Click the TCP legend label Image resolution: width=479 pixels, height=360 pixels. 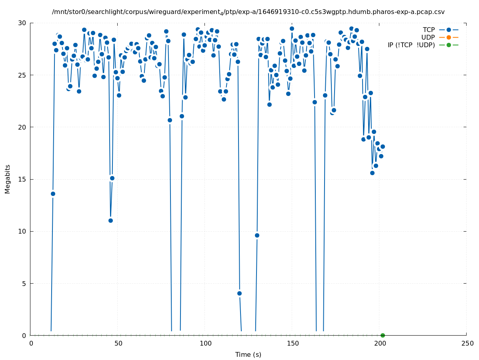pyautogui.click(x=429, y=30)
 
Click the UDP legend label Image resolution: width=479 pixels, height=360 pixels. pyautogui.click(x=428, y=37)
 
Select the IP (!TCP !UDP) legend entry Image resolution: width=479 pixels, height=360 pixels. pyautogui.click(x=411, y=45)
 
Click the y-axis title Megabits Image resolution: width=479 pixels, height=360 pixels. pyautogui.click(x=8, y=179)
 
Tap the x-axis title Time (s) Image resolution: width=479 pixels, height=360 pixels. pyautogui.click(x=248, y=354)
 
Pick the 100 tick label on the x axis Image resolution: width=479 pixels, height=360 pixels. pyautogui.click(x=205, y=344)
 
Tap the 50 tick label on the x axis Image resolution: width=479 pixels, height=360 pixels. pyautogui.click(x=118, y=344)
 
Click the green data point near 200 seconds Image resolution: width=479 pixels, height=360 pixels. pyautogui.click(x=383, y=335)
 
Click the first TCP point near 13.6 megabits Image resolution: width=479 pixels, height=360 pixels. pyautogui.click(x=53, y=194)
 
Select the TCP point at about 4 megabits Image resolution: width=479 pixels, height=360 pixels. pyautogui.click(x=239, y=293)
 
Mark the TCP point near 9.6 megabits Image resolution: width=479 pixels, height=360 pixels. pyautogui.click(x=257, y=235)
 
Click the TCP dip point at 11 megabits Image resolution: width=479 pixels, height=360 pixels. pyautogui.click(x=110, y=220)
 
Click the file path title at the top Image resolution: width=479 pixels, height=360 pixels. pyautogui.click(x=248, y=12)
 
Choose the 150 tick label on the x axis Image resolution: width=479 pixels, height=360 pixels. pyautogui.click(x=293, y=344)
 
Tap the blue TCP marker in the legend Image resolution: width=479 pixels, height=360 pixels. pyautogui.click(x=449, y=30)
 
